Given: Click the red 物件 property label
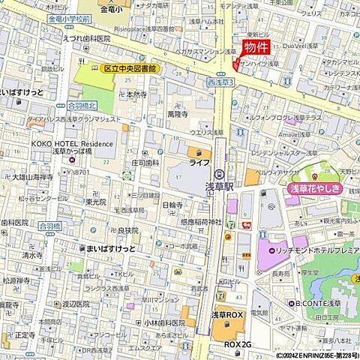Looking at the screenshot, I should click(257, 46).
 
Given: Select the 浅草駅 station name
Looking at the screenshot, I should click(220, 184).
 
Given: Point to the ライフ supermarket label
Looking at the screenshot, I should click(199, 163).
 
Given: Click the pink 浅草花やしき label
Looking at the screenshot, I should click(315, 190).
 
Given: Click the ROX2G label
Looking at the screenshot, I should click(238, 343).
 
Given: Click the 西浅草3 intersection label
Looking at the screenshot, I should click(222, 80).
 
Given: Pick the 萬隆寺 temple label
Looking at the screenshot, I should click(178, 115).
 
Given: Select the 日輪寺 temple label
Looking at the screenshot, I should click(172, 204).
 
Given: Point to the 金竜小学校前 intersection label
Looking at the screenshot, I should click(73, 18).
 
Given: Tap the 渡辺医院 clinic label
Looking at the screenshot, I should click(76, 304).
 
